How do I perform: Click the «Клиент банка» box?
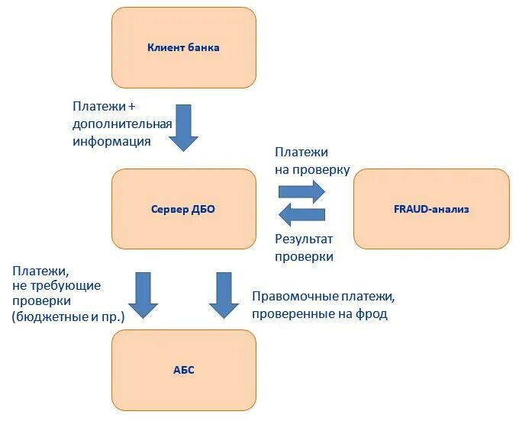point(183,47)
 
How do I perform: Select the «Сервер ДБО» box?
point(183,208)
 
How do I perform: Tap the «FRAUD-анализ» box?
point(431,208)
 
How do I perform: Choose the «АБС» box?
point(183,370)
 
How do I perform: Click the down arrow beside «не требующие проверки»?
point(143,294)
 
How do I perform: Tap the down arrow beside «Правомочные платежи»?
point(224,294)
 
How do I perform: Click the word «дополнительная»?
point(123,124)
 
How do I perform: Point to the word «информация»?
point(111,141)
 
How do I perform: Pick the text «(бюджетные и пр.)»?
point(67,315)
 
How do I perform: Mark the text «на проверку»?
point(312,169)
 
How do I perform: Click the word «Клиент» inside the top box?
point(164,47)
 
